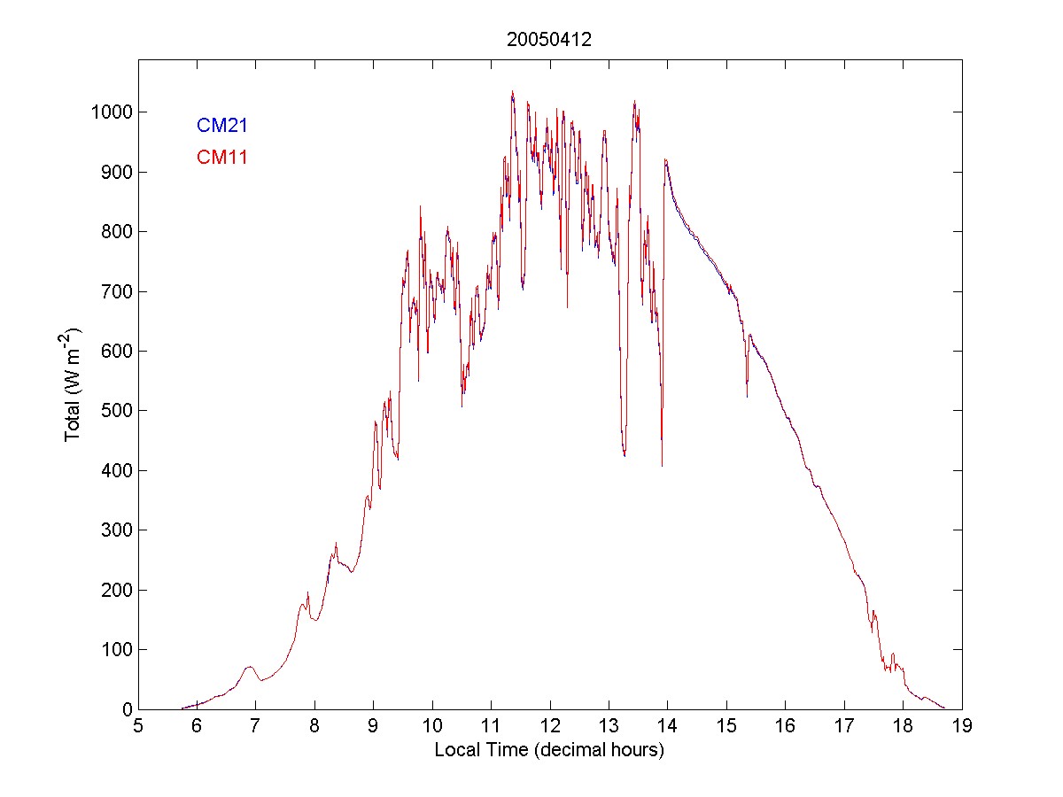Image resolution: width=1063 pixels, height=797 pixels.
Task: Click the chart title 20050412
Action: click(x=549, y=40)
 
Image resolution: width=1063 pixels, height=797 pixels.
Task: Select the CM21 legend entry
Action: click(x=221, y=126)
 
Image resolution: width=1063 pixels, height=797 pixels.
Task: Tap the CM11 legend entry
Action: click(x=221, y=158)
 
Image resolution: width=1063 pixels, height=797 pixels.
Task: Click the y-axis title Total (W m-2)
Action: click(x=73, y=384)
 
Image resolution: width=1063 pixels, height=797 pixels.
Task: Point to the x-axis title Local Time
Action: click(x=549, y=750)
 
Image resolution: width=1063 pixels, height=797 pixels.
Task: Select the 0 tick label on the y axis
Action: click(x=127, y=709)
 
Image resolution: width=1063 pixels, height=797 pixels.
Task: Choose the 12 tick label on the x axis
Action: click(x=550, y=727)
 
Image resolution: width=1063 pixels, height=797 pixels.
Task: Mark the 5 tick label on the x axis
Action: click(x=138, y=727)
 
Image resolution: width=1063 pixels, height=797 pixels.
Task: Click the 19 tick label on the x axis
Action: click(x=962, y=727)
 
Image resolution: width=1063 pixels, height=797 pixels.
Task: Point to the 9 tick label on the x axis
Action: click(x=374, y=727)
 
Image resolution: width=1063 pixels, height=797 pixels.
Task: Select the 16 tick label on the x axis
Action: click(x=786, y=727)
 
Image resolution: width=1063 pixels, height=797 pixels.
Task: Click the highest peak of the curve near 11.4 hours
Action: click(x=512, y=91)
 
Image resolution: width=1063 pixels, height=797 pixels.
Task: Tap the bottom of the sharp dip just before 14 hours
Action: click(x=662, y=466)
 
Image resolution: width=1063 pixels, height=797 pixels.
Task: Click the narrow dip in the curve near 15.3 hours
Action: click(x=747, y=396)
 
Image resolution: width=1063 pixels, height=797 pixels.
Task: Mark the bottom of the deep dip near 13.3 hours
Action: click(x=625, y=455)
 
